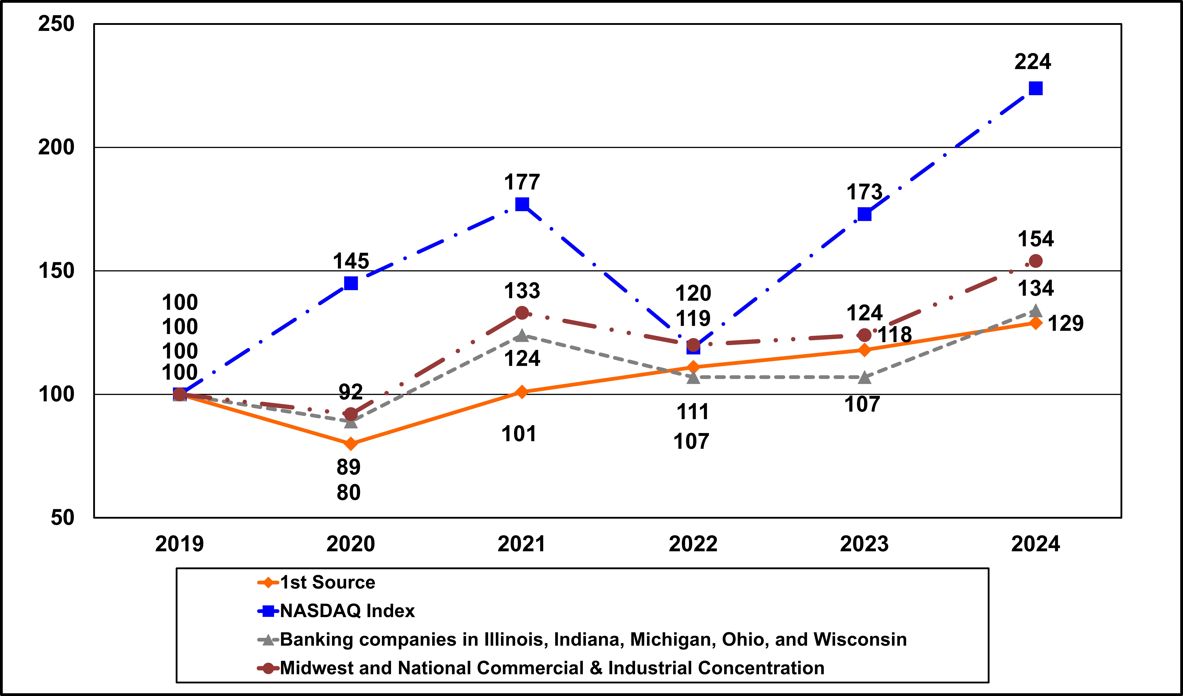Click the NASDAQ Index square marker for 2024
coord(1036,88)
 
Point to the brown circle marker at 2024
coord(1036,261)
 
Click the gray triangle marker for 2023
coord(864,377)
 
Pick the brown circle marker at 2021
coord(522,313)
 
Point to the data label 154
coord(1036,239)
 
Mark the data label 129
coord(1066,324)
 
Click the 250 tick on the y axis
coord(56,24)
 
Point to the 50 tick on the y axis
coord(63,518)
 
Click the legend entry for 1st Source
coord(328,582)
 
